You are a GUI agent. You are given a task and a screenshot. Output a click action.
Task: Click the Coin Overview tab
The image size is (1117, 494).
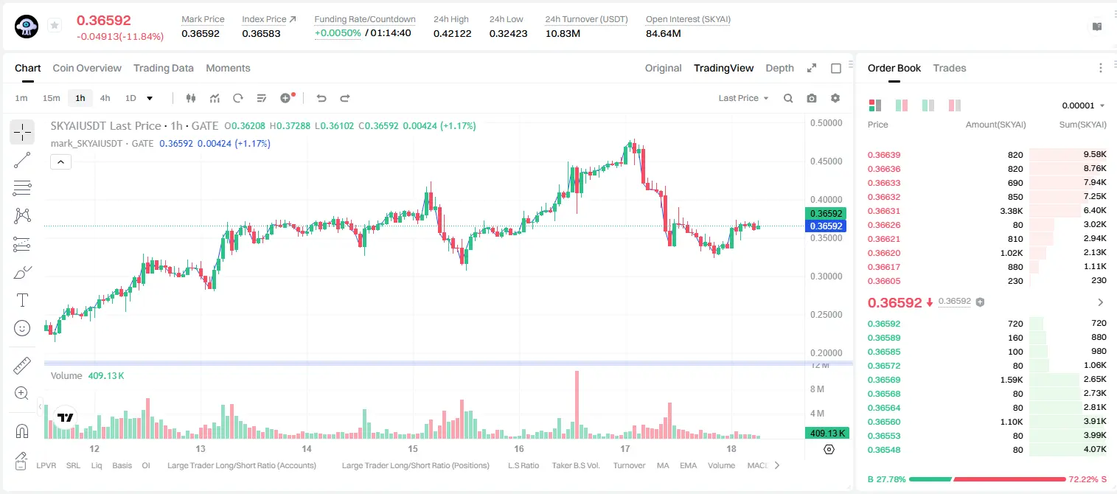[87, 68]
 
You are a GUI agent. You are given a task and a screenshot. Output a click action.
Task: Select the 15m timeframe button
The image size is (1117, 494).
[51, 98]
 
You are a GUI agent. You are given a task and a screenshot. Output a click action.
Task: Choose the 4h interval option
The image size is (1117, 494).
[105, 98]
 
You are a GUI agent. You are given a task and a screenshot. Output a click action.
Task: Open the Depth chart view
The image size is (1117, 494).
[779, 68]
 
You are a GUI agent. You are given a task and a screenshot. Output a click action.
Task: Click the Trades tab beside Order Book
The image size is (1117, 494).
[950, 68]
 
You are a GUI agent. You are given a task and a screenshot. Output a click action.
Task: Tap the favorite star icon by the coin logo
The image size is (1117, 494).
[55, 25]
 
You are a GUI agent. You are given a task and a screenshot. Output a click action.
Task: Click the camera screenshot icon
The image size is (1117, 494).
[812, 98]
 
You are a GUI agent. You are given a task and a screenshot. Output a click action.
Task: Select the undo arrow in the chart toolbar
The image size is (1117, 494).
[321, 98]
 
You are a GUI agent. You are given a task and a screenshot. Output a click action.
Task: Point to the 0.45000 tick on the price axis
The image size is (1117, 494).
[827, 161]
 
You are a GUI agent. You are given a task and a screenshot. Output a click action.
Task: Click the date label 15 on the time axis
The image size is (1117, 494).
[413, 448]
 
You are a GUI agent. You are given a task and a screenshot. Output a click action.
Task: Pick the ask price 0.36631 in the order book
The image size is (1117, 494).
[883, 211]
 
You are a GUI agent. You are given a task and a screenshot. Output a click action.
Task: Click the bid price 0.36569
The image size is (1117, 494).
[883, 380]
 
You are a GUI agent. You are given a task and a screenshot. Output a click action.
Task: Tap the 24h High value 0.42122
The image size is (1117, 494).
[452, 33]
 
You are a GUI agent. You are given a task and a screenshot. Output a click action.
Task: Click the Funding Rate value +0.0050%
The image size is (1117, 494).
[338, 33]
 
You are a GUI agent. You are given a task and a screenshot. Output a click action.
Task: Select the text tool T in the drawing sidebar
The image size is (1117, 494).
[22, 300]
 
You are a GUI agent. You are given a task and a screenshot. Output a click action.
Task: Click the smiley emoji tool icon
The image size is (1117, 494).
[22, 328]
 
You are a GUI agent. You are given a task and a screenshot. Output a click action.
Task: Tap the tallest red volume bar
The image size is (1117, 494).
[577, 405]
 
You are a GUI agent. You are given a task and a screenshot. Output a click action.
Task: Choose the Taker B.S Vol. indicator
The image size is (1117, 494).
[575, 465]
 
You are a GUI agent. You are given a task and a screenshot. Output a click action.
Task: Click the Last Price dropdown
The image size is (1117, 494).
[743, 98]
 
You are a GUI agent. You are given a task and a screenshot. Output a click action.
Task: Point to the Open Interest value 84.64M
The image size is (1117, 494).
[664, 33]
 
